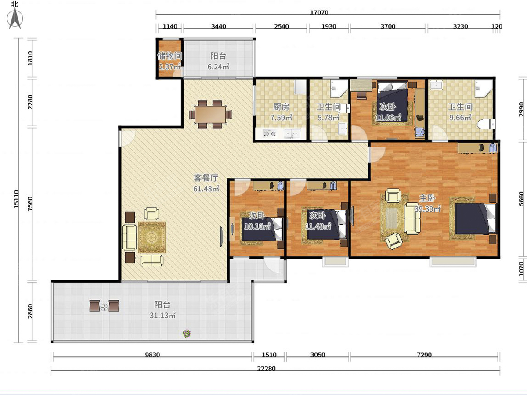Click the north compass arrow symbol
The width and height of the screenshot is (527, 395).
pos(15,18)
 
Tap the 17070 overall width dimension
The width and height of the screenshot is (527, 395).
pos(319,12)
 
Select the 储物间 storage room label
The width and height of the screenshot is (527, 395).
pos(170,56)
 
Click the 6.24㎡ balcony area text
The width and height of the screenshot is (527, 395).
pos(218,66)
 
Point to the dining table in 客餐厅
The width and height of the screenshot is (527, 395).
pos(210,115)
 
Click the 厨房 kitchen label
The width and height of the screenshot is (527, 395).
pos(281,107)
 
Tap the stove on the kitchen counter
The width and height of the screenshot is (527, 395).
pos(269,133)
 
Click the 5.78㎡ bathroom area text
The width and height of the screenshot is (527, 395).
pos(328,118)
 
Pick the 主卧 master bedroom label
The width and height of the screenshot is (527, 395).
pos(427,198)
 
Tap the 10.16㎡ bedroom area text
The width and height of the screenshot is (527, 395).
pos(257,226)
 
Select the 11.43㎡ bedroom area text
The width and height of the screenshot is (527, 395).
pos(318,226)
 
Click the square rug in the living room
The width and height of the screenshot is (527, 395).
pos(152,237)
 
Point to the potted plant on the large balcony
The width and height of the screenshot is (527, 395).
pos(187,334)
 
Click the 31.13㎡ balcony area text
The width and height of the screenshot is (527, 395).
pos(162,315)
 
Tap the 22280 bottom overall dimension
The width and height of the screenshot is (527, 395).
pos(266,368)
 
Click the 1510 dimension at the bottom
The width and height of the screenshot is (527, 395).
pos(269,355)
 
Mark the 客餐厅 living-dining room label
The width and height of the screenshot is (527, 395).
pos(206,178)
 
